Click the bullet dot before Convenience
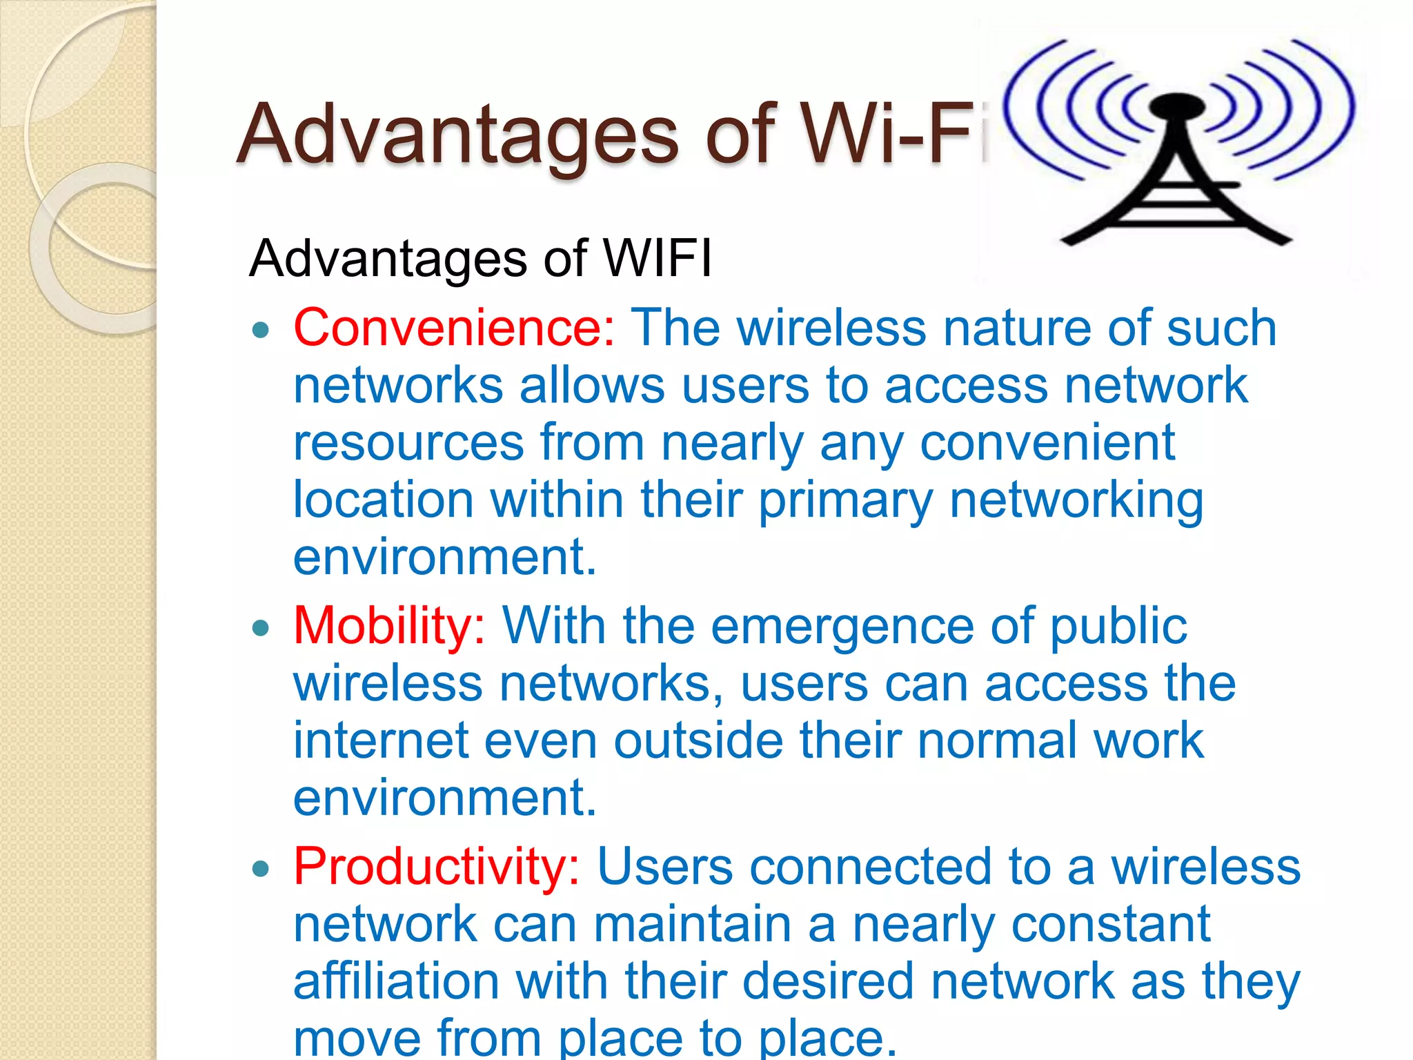point(260,331)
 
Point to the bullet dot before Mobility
point(260,629)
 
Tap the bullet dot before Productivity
point(260,870)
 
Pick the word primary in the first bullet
point(845,502)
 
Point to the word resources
point(408,443)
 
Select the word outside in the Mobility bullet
point(698,740)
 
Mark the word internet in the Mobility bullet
point(381,740)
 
